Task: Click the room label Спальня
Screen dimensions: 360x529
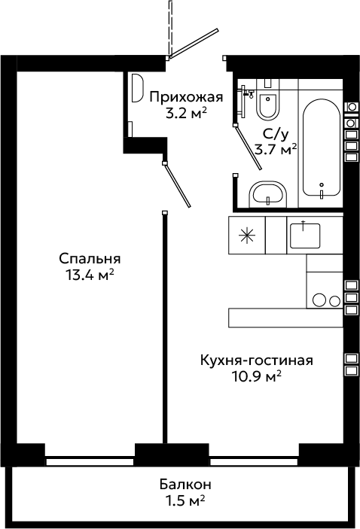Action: tap(90, 259)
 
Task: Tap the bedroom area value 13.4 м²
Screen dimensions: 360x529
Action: tap(90, 275)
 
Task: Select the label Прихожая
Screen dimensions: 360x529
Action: tap(187, 98)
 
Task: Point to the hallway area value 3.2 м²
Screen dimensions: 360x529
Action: tap(186, 114)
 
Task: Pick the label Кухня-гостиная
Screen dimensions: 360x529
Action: tap(257, 360)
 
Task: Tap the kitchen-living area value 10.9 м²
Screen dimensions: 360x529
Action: tap(257, 375)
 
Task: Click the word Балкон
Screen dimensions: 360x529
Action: tap(185, 485)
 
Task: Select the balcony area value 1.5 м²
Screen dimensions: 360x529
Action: tap(185, 500)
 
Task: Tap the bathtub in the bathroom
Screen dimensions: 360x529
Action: tap(321, 147)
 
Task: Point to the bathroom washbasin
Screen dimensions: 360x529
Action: tap(268, 195)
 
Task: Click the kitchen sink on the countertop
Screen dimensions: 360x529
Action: tap(305, 235)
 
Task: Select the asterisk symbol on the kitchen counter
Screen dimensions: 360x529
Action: tap(247, 235)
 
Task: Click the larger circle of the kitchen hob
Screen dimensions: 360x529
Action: tap(319, 300)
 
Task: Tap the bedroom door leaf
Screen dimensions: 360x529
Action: tap(177, 184)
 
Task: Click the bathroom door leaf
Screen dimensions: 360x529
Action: tap(249, 147)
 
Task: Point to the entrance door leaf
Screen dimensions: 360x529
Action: tap(194, 43)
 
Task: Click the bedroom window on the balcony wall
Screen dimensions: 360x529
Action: tap(90, 461)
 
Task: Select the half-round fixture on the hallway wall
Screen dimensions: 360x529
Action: tap(138, 88)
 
